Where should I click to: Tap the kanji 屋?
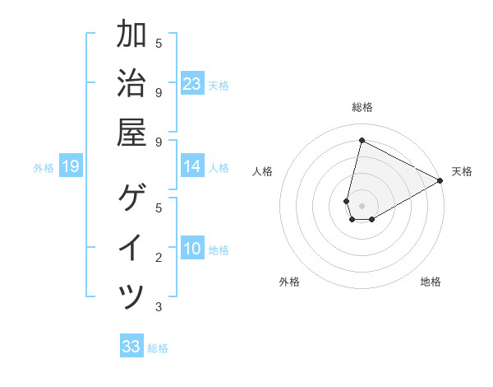tap(131, 132)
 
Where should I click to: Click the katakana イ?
tap(131, 247)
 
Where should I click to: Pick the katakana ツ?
tap(131, 296)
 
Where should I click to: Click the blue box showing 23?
tap(192, 84)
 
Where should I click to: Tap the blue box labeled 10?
tap(192, 249)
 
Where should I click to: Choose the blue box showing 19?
tap(71, 167)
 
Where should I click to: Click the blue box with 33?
tap(131, 347)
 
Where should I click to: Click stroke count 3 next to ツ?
tap(159, 307)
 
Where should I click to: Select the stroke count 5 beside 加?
tap(159, 43)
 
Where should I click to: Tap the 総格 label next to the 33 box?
tap(158, 348)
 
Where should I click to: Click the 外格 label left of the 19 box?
tap(44, 168)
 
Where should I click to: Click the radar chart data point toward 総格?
tap(362, 140)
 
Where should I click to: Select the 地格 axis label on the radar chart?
tap(431, 282)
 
